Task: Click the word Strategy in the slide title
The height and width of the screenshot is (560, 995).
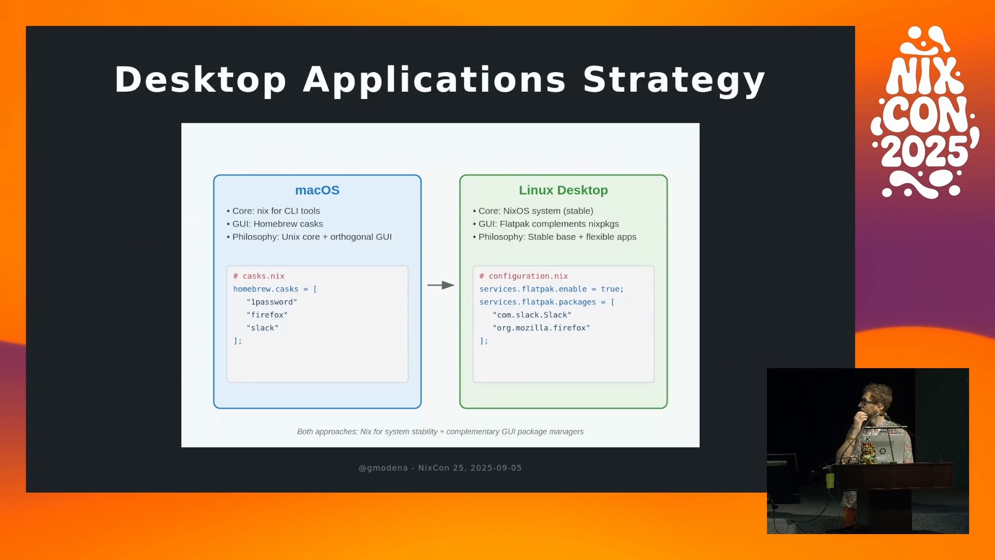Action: pos(674,80)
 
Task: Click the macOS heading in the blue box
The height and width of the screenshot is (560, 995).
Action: pos(317,190)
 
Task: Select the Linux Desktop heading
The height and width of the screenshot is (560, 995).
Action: pos(563,190)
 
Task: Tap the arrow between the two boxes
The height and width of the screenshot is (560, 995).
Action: pos(441,285)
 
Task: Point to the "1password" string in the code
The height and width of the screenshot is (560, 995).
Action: pos(272,302)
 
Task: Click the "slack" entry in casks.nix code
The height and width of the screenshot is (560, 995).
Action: pos(263,328)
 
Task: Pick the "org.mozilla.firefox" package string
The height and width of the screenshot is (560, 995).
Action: pos(542,328)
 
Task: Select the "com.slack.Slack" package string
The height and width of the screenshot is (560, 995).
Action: pos(532,315)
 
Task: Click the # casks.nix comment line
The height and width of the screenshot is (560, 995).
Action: pos(259,276)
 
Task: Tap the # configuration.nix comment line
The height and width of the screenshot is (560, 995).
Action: pos(523,276)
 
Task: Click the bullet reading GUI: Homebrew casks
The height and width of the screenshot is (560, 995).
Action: pos(275,224)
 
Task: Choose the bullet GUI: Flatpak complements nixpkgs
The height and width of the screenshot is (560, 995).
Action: pos(546,224)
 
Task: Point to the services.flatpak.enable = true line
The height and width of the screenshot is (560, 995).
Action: pos(551,289)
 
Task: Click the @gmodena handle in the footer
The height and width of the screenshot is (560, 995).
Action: pos(383,468)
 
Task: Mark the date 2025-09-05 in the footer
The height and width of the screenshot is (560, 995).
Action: pos(496,468)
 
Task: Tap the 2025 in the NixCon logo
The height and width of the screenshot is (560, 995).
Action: pos(925,151)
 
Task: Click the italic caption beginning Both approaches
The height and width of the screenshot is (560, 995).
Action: pos(440,431)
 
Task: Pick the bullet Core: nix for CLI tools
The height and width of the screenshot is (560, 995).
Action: pos(273,211)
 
